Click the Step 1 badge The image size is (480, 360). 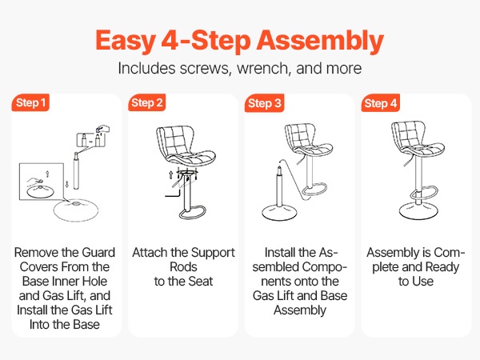pyautogui.click(x=30, y=102)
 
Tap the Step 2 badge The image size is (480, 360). pyautogui.click(x=147, y=102)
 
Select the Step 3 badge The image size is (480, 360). pyautogui.click(x=265, y=103)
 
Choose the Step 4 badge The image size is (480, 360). pyautogui.click(x=381, y=103)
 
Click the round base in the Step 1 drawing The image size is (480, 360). pyautogui.click(x=76, y=210)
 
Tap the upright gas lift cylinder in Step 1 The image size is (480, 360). pyautogui.click(x=76, y=171)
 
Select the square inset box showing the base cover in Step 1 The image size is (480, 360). pyautogui.click(x=42, y=182)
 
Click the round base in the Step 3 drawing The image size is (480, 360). pyautogui.click(x=279, y=212)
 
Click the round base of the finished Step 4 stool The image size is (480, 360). pyautogui.click(x=418, y=211)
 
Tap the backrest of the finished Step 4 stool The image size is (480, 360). pyautogui.click(x=409, y=134)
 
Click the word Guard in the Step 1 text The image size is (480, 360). pyautogui.click(x=99, y=253)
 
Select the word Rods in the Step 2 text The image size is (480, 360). pyautogui.click(x=183, y=267)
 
